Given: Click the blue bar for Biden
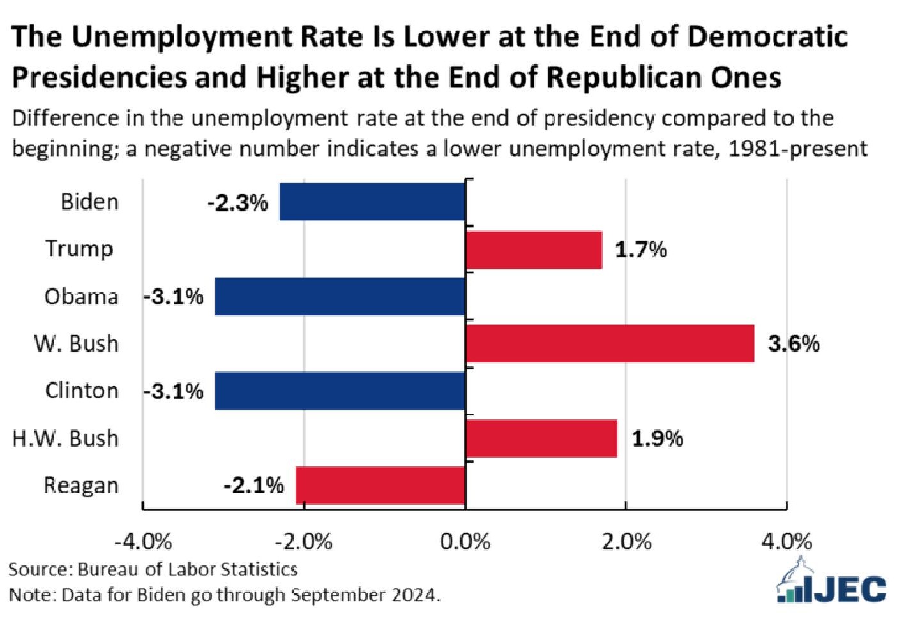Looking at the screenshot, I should pos(372,202).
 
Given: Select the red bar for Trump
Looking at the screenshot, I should pos(534,250).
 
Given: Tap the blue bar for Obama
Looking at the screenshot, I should pos(340,296).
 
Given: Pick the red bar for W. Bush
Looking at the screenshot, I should pos(610,344).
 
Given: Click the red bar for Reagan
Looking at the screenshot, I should pos(380,486).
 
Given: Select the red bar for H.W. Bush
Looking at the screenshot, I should pos(541,438).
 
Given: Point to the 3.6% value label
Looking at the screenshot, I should pos(794,344).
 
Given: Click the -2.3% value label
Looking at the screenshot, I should pos(237,203).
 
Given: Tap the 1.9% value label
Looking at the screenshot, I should pos(658,438).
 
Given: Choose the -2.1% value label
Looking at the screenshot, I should pos(253,486).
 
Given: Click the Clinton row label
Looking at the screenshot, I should pos(82,391).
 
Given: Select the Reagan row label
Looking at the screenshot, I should pos(80,486).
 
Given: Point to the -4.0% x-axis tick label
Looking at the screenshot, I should pos(143,542).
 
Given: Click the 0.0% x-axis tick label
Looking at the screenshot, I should pos(465,542).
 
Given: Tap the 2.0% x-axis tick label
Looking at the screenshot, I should pos(626,542).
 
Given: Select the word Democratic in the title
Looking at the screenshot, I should pos(767,37).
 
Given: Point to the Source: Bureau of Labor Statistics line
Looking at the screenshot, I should pos(153,569).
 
